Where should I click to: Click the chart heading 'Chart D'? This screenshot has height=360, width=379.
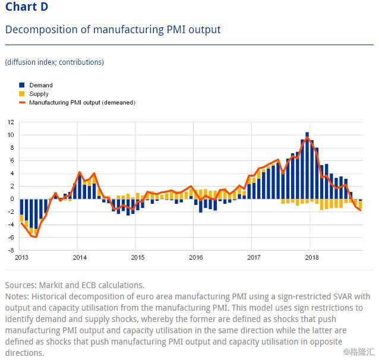[x=27, y=7]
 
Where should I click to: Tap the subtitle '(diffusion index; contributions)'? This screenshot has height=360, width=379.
[x=55, y=62]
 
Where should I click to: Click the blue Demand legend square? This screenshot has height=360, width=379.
[x=22, y=85]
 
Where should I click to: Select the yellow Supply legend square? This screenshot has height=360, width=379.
[x=22, y=94]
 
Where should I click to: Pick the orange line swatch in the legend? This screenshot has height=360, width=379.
[x=22, y=103]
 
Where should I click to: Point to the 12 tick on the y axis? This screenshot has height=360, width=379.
[x=11, y=122]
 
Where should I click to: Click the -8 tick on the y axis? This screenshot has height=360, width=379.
[x=11, y=250]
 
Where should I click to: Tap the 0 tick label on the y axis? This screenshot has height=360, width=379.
[x=12, y=199]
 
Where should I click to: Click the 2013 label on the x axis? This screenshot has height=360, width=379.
[x=21, y=257]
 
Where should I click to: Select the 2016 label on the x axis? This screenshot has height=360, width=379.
[x=196, y=257]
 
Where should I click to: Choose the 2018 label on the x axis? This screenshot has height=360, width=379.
[x=312, y=257]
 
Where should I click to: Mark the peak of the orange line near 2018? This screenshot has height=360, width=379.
[x=307, y=137]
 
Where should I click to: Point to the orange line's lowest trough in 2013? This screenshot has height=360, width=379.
[x=36, y=237]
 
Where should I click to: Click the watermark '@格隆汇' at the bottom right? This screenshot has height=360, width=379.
[x=359, y=352]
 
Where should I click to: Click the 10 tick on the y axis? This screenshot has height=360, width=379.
[x=11, y=135]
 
